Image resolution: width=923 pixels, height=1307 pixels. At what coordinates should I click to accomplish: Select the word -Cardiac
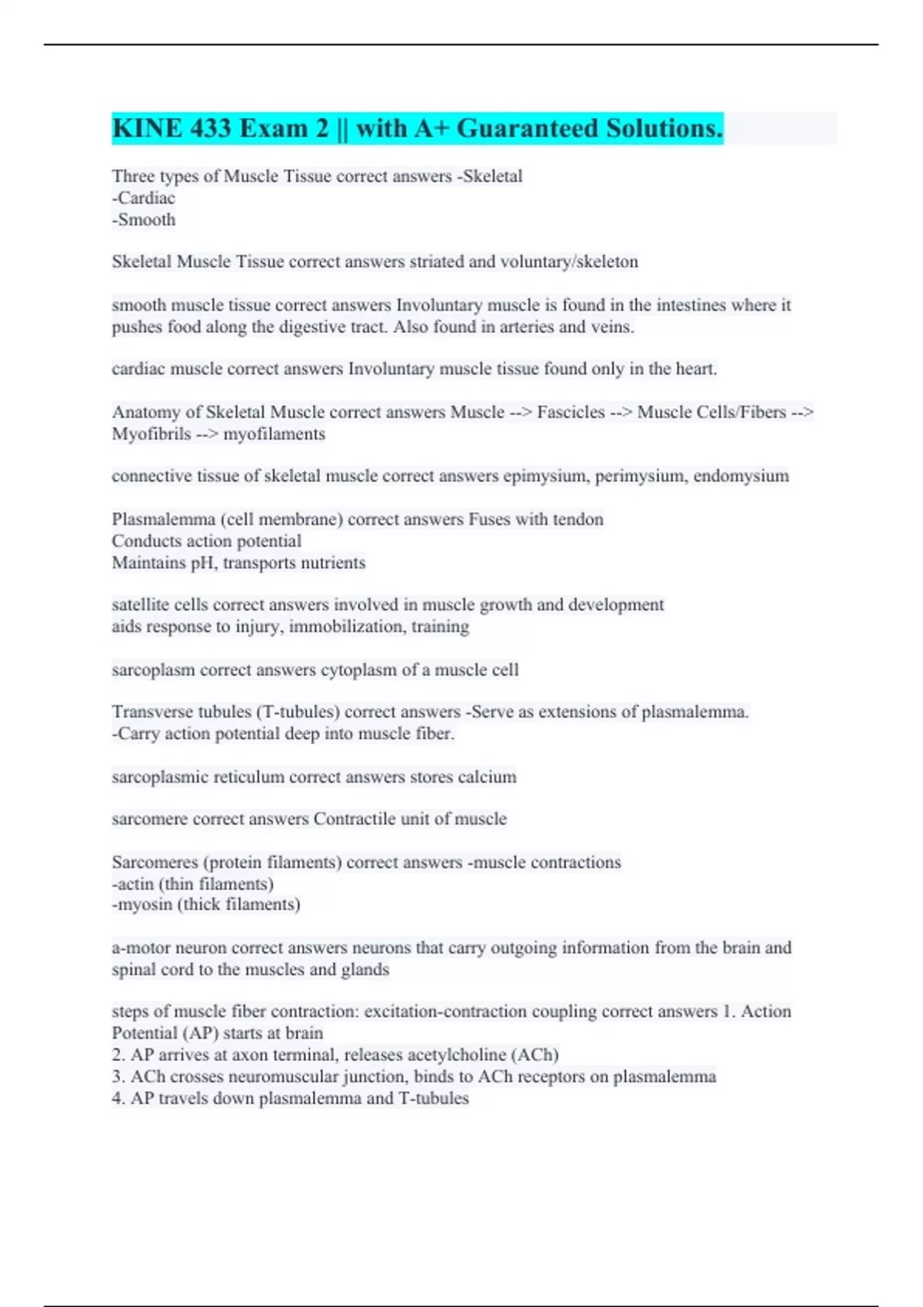144,198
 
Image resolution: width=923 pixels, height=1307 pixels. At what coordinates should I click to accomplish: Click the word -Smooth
144,220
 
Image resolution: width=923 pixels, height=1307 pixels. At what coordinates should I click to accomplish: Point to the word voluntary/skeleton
569,262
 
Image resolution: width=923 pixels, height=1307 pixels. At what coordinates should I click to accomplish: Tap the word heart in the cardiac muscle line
696,369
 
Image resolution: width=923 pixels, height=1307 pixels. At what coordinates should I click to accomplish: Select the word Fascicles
571,412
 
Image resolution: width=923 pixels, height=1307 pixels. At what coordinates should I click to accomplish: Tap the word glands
365,969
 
